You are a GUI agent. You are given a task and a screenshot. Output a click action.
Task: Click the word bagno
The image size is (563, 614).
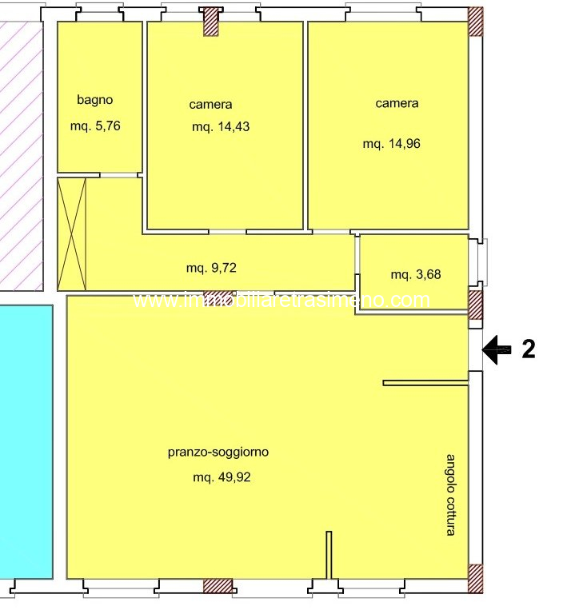pos(95,100)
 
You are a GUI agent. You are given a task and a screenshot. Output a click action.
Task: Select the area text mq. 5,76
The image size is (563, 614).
pos(95,126)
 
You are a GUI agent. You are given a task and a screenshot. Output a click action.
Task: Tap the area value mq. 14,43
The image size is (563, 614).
pos(221,127)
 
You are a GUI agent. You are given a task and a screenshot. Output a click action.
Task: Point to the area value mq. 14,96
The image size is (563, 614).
pos(391,144)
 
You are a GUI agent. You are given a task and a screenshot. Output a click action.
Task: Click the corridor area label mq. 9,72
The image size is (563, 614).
pos(211,268)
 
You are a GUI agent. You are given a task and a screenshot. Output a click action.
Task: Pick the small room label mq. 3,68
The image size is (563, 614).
pos(416,274)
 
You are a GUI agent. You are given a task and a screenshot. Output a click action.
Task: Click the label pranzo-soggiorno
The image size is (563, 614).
pos(218,453)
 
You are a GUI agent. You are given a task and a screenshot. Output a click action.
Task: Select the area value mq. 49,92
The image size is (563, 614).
pos(222,477)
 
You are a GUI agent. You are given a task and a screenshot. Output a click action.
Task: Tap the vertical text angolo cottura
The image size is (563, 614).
pos(451,495)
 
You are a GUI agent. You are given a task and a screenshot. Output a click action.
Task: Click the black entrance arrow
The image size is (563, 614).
pos(497,349)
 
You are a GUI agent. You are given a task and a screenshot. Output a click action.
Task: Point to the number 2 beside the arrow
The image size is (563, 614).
pos(529,349)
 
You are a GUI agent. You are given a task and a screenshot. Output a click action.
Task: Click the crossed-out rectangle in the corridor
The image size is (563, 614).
pos(72,234)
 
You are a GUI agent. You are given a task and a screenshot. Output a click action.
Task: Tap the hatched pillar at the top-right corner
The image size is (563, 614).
pos(476,22)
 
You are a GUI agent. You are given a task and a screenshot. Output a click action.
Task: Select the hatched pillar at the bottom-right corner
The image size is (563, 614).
pos(476,579)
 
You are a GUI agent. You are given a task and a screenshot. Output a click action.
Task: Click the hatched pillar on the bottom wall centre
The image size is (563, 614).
pos(218,586)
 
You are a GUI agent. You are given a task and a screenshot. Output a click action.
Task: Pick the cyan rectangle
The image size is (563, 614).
pos(26,441)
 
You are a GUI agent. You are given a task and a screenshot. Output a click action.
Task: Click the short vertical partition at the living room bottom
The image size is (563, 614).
pos(329,555)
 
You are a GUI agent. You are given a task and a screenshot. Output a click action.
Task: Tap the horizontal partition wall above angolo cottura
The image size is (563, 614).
pos(425,383)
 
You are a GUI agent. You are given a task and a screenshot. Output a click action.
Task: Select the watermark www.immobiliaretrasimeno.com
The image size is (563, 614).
pos(281,301)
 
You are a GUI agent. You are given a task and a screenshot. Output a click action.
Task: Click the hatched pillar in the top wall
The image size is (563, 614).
pos(211,22)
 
